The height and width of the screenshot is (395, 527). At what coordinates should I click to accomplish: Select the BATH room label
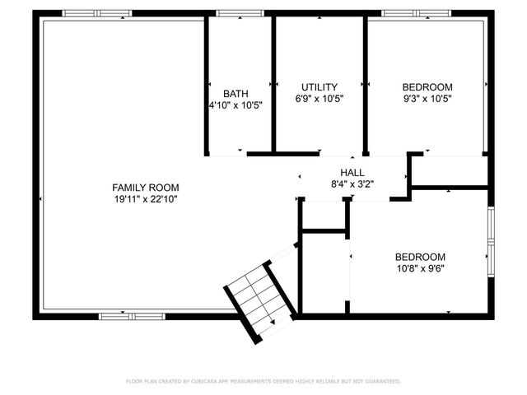[235, 93]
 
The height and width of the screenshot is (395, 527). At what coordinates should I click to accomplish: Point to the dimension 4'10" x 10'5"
[235, 105]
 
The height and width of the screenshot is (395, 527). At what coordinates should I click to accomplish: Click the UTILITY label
[319, 87]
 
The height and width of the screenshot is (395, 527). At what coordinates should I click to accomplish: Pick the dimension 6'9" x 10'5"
[319, 99]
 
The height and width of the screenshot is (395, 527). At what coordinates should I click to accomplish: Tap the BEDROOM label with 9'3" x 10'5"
[427, 87]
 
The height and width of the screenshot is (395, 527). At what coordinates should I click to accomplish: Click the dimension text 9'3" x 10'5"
[427, 99]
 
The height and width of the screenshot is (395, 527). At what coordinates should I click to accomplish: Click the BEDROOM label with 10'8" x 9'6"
[420, 256]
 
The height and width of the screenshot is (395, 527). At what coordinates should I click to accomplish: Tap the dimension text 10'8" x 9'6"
[420, 267]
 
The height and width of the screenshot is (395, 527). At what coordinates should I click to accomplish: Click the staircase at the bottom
[259, 300]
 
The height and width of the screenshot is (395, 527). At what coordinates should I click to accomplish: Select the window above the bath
[240, 13]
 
